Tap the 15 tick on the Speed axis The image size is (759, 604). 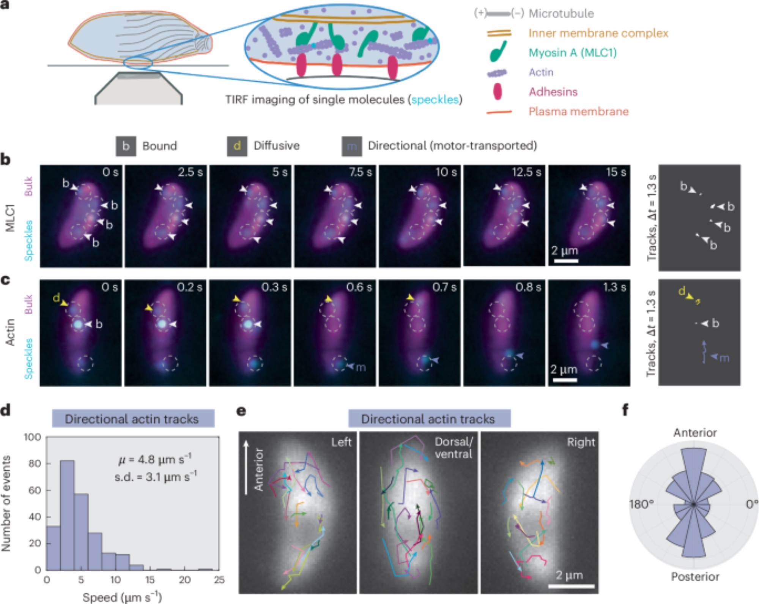click(150, 580)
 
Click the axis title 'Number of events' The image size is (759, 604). click(6, 503)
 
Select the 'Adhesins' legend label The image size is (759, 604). click(553, 92)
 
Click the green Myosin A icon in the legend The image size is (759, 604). click(498, 52)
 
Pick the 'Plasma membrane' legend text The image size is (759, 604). click(578, 112)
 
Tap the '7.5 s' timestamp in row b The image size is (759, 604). click(360, 172)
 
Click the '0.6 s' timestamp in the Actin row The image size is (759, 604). click(359, 287)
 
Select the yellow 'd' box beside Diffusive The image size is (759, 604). click(237, 146)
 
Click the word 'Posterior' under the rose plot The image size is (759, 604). click(695, 577)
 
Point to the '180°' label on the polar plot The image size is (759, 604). click(641, 505)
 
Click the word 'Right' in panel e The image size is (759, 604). click(581, 442)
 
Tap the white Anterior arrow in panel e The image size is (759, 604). click(246, 467)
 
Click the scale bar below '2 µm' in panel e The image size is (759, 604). click(571, 586)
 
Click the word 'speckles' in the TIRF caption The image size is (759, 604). click(435, 100)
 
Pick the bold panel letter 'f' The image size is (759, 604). click(625, 410)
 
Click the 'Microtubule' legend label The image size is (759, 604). click(561, 14)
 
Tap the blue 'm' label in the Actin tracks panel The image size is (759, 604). click(724, 358)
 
